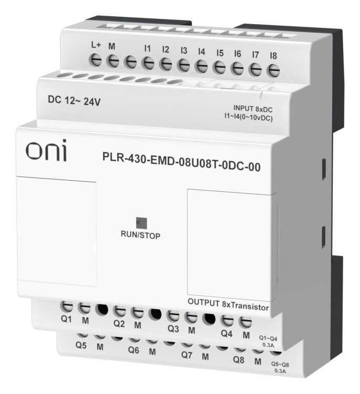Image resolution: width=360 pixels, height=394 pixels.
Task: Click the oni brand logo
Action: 46,150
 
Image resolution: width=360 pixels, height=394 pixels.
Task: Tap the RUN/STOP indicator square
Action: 141,223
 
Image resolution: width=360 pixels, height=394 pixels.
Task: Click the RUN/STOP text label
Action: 140,235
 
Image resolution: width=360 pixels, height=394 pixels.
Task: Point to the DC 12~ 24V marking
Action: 74,101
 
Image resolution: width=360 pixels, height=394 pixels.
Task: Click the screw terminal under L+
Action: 96,60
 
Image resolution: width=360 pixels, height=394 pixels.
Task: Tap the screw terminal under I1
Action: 148,63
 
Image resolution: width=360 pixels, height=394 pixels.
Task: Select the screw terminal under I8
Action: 273,70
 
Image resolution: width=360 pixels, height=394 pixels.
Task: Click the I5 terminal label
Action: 220,53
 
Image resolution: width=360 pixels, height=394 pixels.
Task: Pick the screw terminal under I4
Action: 201,66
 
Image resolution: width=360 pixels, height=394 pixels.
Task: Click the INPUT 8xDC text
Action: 253,109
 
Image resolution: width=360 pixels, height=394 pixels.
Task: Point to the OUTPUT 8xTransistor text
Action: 228,305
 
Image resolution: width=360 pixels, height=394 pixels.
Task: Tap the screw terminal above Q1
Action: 67,307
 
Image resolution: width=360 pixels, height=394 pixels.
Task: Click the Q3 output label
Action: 173,328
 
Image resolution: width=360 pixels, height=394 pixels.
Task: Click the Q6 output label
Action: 133,349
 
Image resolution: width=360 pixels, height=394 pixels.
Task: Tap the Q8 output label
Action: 239,360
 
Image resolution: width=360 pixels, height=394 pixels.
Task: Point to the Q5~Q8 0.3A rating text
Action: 280,368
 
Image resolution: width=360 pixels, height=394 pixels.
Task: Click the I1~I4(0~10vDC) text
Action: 249,117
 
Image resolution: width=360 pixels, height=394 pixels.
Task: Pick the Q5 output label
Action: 81,345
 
